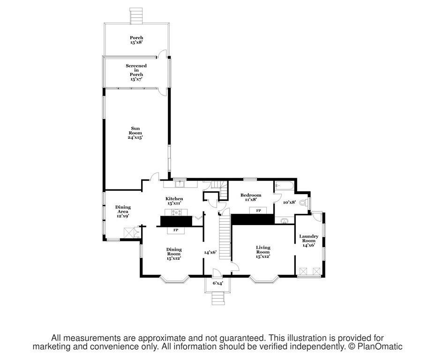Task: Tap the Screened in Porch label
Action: [x=136, y=70]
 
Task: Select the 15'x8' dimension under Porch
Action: [x=136, y=42]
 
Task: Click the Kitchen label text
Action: [x=174, y=199]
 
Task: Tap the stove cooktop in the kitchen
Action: [x=178, y=212]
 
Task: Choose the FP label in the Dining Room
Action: [x=176, y=230]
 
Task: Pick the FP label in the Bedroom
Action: [x=258, y=211]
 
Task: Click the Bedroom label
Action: [x=251, y=195]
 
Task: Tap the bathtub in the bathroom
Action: [x=285, y=186]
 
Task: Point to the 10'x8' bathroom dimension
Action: [x=289, y=202]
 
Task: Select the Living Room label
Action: [x=263, y=252]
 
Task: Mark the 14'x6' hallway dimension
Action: [x=210, y=252]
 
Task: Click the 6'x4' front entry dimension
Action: [x=218, y=283]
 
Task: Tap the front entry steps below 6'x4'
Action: [x=218, y=298]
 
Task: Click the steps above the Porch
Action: [x=136, y=16]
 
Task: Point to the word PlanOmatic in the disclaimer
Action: [x=380, y=347]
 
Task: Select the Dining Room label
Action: [x=174, y=254]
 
